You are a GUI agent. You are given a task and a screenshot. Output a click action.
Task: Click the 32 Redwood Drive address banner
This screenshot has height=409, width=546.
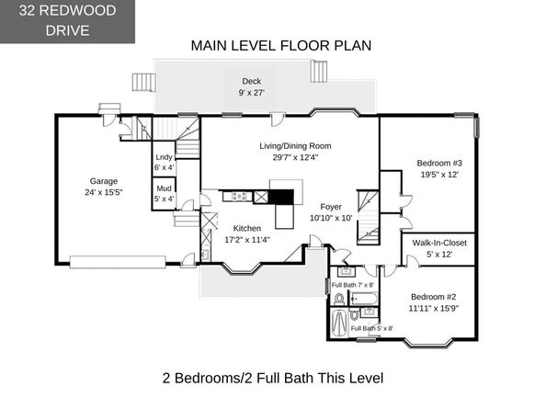[67, 21]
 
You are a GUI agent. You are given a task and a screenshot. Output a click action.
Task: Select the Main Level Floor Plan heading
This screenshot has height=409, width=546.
[281, 46]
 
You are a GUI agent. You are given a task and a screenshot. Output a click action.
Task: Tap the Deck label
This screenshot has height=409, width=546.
[252, 81]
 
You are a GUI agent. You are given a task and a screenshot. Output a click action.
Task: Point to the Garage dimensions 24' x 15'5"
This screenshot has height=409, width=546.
[104, 192]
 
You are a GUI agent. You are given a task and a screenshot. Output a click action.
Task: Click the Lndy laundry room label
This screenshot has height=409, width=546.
[164, 157]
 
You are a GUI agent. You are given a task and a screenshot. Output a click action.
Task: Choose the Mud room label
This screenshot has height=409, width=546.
[164, 188]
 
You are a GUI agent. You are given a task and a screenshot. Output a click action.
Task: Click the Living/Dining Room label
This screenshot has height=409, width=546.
[295, 146]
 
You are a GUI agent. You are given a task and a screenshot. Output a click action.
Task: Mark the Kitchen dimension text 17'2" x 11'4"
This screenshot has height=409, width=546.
[247, 240]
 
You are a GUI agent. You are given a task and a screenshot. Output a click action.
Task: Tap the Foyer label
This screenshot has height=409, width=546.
[331, 207]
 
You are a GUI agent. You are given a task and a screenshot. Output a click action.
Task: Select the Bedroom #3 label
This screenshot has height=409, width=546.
[439, 163]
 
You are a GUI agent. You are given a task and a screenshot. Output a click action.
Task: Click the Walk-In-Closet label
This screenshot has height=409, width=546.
[439, 243]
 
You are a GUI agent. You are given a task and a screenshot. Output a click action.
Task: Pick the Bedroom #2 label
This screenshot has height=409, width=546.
[433, 297]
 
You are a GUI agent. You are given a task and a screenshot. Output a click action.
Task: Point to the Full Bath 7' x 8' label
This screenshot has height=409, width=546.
[352, 285]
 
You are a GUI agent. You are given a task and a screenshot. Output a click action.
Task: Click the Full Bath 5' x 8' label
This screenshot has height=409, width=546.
[372, 328]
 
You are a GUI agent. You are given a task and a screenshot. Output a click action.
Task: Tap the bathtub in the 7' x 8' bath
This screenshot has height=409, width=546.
[363, 299]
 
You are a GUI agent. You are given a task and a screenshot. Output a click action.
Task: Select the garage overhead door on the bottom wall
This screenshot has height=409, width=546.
[118, 262]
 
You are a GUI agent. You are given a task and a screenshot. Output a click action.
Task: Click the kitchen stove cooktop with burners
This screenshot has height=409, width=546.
[238, 197]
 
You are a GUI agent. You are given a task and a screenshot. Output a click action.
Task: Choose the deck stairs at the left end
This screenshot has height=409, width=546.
[143, 82]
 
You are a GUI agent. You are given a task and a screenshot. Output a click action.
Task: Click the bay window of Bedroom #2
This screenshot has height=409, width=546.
[428, 342]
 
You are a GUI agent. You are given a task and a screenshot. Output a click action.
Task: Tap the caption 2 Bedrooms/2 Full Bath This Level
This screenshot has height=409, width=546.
[273, 378]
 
